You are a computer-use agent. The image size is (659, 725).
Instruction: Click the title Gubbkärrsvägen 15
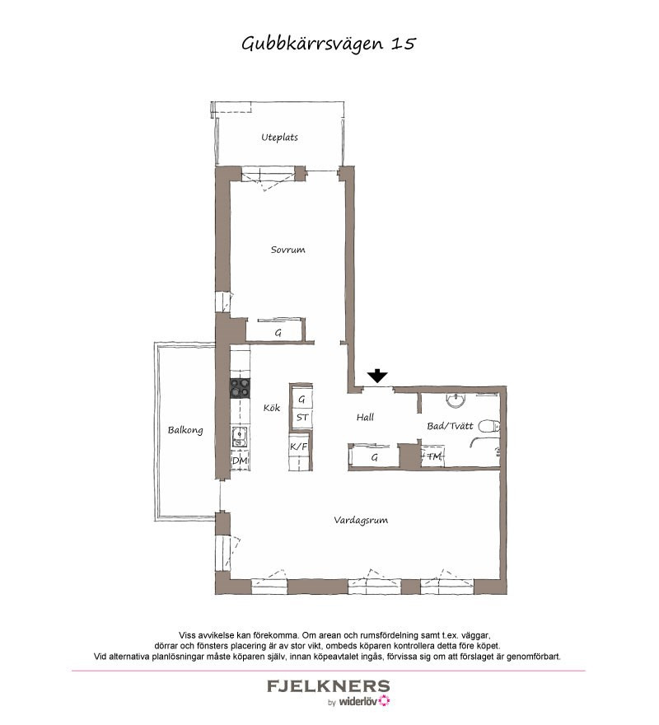(x=329, y=44)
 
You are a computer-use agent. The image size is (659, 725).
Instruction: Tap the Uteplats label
(x=279, y=138)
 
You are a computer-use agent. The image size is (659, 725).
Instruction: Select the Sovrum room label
(x=287, y=250)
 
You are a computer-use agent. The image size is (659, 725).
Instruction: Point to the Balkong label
(x=185, y=430)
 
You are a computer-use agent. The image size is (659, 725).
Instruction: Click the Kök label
(x=272, y=407)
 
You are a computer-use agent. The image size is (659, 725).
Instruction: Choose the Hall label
(x=365, y=417)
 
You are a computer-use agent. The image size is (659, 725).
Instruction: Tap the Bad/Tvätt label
(x=450, y=426)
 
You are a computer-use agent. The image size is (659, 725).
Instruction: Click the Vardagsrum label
(x=361, y=520)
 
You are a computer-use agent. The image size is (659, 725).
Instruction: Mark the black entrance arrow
(x=378, y=376)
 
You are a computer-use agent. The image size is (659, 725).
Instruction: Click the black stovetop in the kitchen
(x=240, y=388)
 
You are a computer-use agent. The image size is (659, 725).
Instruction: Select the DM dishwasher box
(x=240, y=461)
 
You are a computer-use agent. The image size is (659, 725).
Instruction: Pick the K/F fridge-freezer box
(x=299, y=447)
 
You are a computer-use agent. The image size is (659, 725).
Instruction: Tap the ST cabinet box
(x=301, y=418)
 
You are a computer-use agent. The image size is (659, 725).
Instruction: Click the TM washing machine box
(x=432, y=456)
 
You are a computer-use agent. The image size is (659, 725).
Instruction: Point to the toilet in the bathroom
(x=488, y=426)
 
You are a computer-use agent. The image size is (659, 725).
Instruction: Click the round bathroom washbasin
(x=456, y=400)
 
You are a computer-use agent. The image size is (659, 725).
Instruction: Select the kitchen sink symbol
(x=240, y=437)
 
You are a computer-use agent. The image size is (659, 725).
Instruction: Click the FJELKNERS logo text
(x=329, y=685)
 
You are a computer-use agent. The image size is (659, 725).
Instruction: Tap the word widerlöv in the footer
(x=358, y=701)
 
